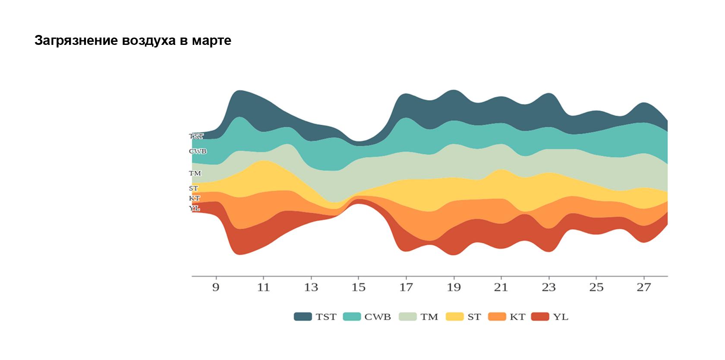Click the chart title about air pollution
pos(132,41)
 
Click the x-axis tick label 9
pos(216,287)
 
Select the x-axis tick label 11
pos(263,287)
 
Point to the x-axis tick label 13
pos(311,287)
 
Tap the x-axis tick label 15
pos(358,287)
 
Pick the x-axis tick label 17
pos(406,287)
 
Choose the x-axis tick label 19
pos(454,287)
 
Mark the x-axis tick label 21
pos(501,287)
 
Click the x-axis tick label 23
pos(548,287)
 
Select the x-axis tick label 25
pos(596,287)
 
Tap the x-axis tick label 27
pos(644,287)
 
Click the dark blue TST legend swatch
pos(303,317)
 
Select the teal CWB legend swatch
pos(352,317)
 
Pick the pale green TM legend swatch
pos(407,317)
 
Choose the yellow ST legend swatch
pos(454,317)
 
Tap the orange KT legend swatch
pos(497,317)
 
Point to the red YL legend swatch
pos(540,317)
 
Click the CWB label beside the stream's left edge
pos(198,152)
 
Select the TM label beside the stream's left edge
pos(195,174)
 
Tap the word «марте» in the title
pos(211,41)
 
